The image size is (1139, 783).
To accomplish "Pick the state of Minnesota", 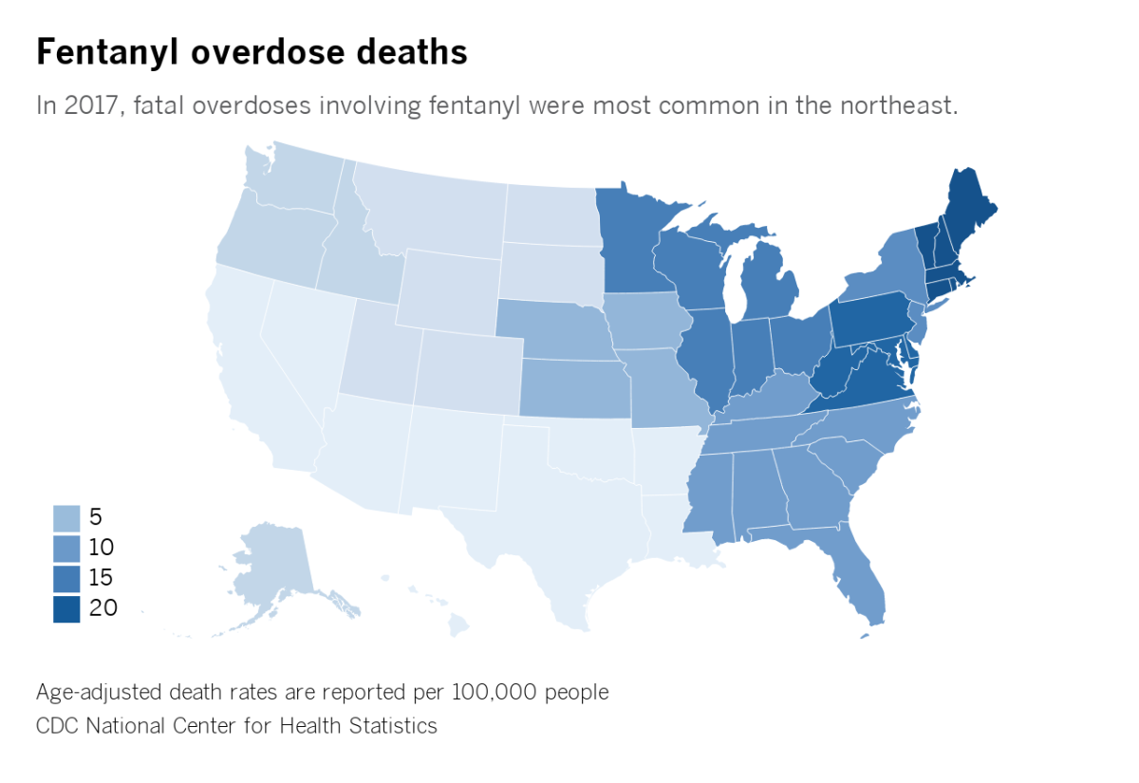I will pyautogui.click(x=631, y=237).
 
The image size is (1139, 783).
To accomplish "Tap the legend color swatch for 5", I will pyautogui.click(x=65, y=517).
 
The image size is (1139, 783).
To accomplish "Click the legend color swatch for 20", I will pyautogui.click(x=65, y=609).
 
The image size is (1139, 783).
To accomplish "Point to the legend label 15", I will pyautogui.click(x=101, y=578).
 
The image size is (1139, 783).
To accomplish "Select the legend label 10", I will pyautogui.click(x=101, y=548).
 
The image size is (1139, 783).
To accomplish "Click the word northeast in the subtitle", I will pyautogui.click(x=896, y=104).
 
